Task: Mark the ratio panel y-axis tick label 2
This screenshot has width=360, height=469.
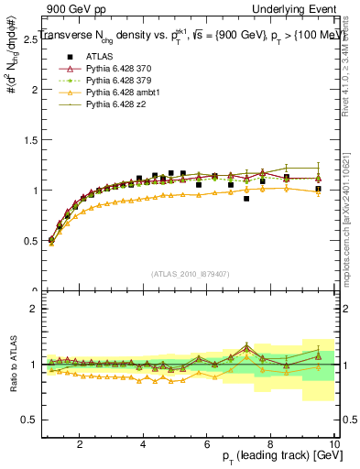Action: coord(34,309)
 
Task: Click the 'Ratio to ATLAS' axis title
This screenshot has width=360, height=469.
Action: coord(12,364)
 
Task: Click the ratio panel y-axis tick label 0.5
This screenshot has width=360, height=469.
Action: coord(30,420)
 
